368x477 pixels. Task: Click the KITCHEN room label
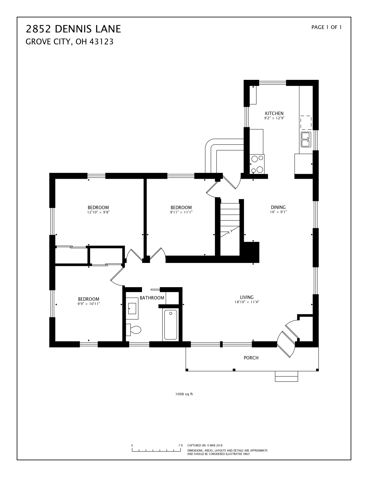tap(274, 113)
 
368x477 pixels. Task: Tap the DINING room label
tap(278, 207)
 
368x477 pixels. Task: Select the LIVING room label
tap(247, 297)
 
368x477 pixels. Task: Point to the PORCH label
tap(251, 358)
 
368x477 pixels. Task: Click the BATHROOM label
tap(152, 298)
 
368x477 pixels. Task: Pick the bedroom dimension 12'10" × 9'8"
tap(98, 212)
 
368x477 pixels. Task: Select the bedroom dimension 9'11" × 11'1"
tap(181, 212)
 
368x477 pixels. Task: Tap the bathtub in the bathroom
tap(171, 325)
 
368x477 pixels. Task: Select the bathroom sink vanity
tap(132, 306)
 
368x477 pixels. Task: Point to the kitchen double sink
tap(306, 139)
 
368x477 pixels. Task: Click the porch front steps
tap(286, 377)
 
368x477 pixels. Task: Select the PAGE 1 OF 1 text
tap(326, 27)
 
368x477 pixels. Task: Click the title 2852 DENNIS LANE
tap(73, 29)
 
